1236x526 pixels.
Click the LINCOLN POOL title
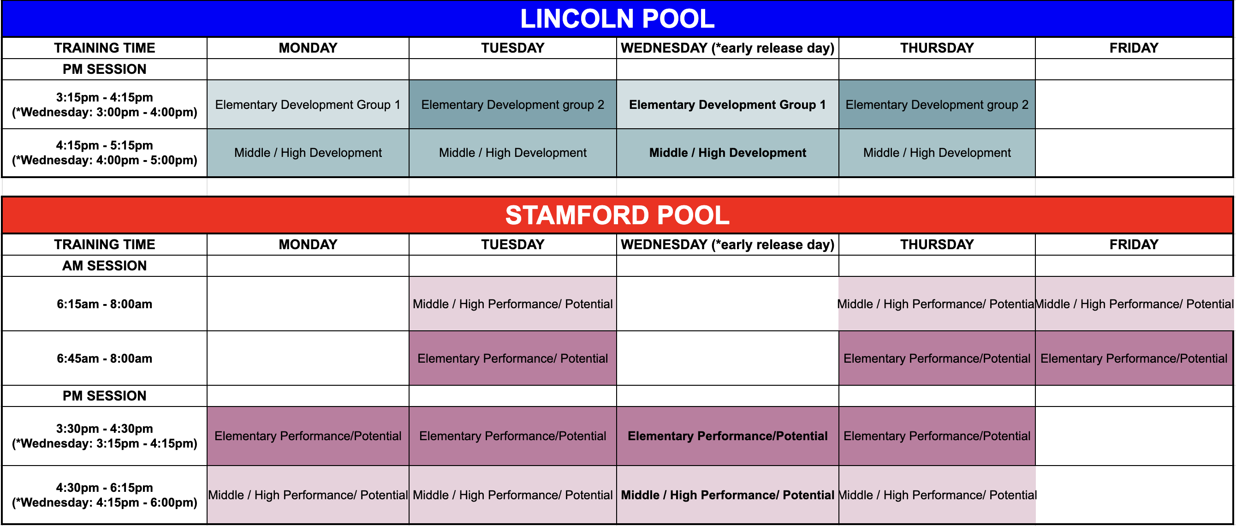[617, 19]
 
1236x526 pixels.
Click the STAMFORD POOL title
[617, 215]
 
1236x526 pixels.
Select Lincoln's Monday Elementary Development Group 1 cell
[308, 105]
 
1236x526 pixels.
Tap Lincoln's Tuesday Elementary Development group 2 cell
[512, 105]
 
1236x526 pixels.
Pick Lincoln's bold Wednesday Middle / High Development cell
[727, 153]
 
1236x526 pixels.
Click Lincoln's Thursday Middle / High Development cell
[937, 153]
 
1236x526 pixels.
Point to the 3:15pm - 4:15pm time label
[105, 97]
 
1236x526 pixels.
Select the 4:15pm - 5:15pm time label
[105, 145]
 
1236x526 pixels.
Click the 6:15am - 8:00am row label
[105, 304]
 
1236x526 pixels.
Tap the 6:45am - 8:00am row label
[105, 359]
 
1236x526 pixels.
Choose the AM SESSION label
[105, 265]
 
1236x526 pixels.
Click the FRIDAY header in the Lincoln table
[1134, 48]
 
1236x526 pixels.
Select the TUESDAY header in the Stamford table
[512, 244]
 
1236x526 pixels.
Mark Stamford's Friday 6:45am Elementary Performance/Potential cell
[1134, 359]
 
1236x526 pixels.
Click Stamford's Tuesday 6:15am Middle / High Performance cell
[512, 304]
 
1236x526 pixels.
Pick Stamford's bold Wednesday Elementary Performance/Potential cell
[727, 436]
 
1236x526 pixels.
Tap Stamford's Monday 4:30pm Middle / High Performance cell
[308, 495]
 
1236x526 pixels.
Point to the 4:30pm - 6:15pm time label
[105, 488]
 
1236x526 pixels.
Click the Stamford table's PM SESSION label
[105, 395]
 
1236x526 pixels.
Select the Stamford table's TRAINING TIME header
[105, 244]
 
